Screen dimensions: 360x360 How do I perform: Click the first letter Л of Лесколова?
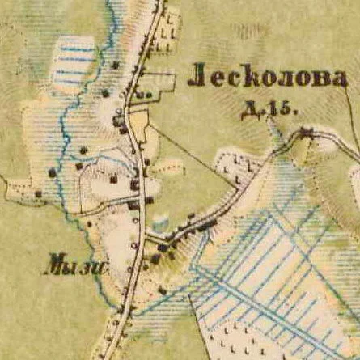[195, 78]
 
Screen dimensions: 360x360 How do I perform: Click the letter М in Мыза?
[53, 262]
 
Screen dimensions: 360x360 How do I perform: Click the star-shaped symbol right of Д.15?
[307, 130]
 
